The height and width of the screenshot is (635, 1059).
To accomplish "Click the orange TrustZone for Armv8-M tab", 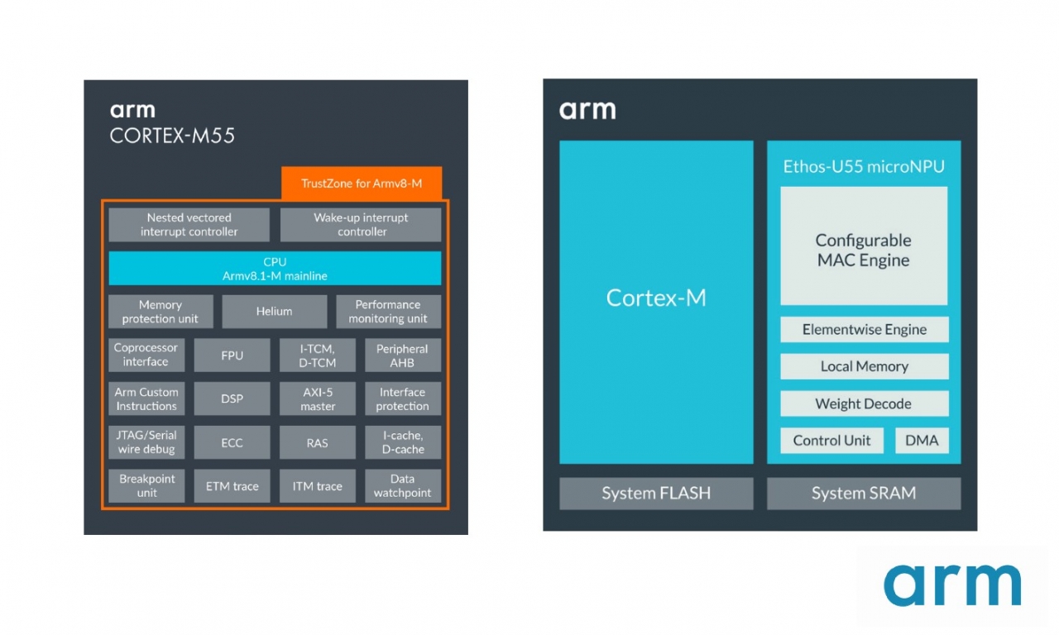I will pyautogui.click(x=362, y=183).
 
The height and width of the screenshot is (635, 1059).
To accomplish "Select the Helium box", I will pyautogui.click(x=274, y=312).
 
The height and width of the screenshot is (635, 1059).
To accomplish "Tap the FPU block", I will pyautogui.click(x=232, y=356).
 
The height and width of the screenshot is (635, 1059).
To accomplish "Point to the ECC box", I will pyautogui.click(x=232, y=443).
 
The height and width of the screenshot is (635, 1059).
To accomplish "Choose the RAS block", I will pyautogui.click(x=317, y=443).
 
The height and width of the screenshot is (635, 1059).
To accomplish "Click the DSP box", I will pyautogui.click(x=232, y=399).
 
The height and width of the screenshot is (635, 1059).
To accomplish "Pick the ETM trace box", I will pyautogui.click(x=232, y=486).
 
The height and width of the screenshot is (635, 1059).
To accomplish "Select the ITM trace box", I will pyautogui.click(x=317, y=486).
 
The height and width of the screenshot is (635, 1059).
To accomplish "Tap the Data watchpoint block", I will pyautogui.click(x=402, y=486).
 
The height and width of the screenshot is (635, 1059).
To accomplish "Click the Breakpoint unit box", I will pyautogui.click(x=146, y=486).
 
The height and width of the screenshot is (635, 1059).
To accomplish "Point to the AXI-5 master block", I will pyautogui.click(x=317, y=399).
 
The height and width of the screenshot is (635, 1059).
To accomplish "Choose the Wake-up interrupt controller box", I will pyautogui.click(x=361, y=225).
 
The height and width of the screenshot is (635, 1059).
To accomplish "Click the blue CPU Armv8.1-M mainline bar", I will pyautogui.click(x=275, y=269).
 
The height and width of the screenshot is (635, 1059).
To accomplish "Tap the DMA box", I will pyautogui.click(x=922, y=441).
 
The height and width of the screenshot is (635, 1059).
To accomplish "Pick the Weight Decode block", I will pyautogui.click(x=863, y=403).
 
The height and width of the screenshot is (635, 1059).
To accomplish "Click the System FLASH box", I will pyautogui.click(x=656, y=494).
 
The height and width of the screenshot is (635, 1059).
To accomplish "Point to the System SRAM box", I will pyautogui.click(x=863, y=494).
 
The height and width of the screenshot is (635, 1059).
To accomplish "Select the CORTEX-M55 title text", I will pyautogui.click(x=172, y=136).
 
